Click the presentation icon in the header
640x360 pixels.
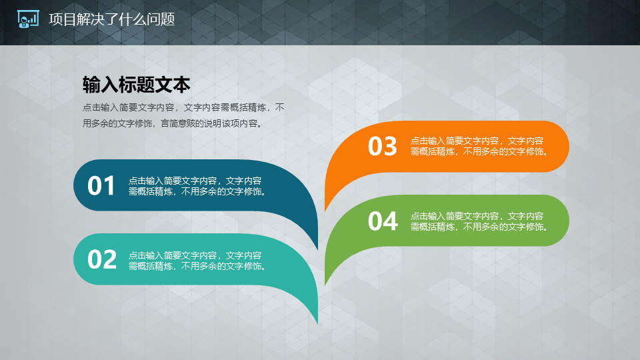click(28, 19)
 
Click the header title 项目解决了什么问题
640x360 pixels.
click(112, 19)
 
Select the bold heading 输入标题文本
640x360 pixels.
click(136, 85)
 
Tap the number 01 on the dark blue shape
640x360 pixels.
click(101, 186)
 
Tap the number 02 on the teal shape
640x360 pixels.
click(102, 259)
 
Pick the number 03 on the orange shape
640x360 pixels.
click(383, 146)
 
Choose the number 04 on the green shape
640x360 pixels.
click(383, 221)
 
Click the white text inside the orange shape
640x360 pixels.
click(480, 146)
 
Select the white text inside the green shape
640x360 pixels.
click(480, 221)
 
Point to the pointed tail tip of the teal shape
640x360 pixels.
click(317, 324)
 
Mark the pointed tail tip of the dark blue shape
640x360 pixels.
click(317, 249)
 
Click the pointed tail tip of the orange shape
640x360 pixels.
click(325, 211)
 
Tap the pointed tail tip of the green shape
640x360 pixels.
click(325, 285)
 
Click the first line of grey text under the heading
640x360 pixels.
click(183, 107)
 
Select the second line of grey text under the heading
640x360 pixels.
click(173, 123)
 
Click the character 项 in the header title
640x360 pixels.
click(56, 19)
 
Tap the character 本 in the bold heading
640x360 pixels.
click(181, 85)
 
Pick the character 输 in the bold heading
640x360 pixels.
click(91, 85)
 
